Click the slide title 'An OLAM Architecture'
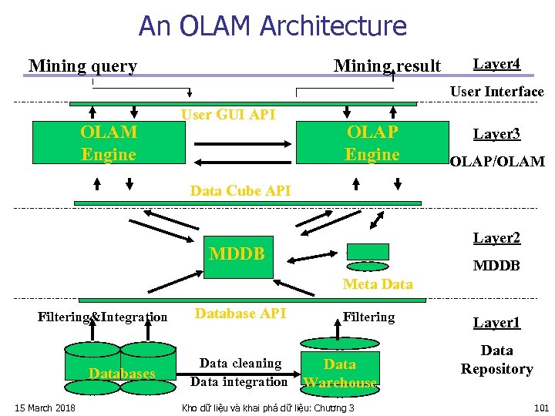(x=272, y=26)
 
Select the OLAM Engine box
(x=109, y=143)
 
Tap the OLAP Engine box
(x=372, y=143)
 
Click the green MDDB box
(x=237, y=255)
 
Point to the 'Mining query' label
(x=82, y=66)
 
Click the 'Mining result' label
(x=387, y=66)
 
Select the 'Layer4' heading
(x=496, y=63)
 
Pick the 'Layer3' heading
(x=496, y=134)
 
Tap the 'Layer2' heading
(x=496, y=238)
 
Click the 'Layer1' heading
(x=496, y=323)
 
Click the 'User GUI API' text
(x=227, y=115)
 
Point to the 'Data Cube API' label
(x=240, y=191)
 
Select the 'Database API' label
(x=240, y=313)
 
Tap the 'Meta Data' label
(x=378, y=284)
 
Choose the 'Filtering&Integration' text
(x=103, y=317)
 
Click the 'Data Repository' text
(x=496, y=360)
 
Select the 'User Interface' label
(x=496, y=92)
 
